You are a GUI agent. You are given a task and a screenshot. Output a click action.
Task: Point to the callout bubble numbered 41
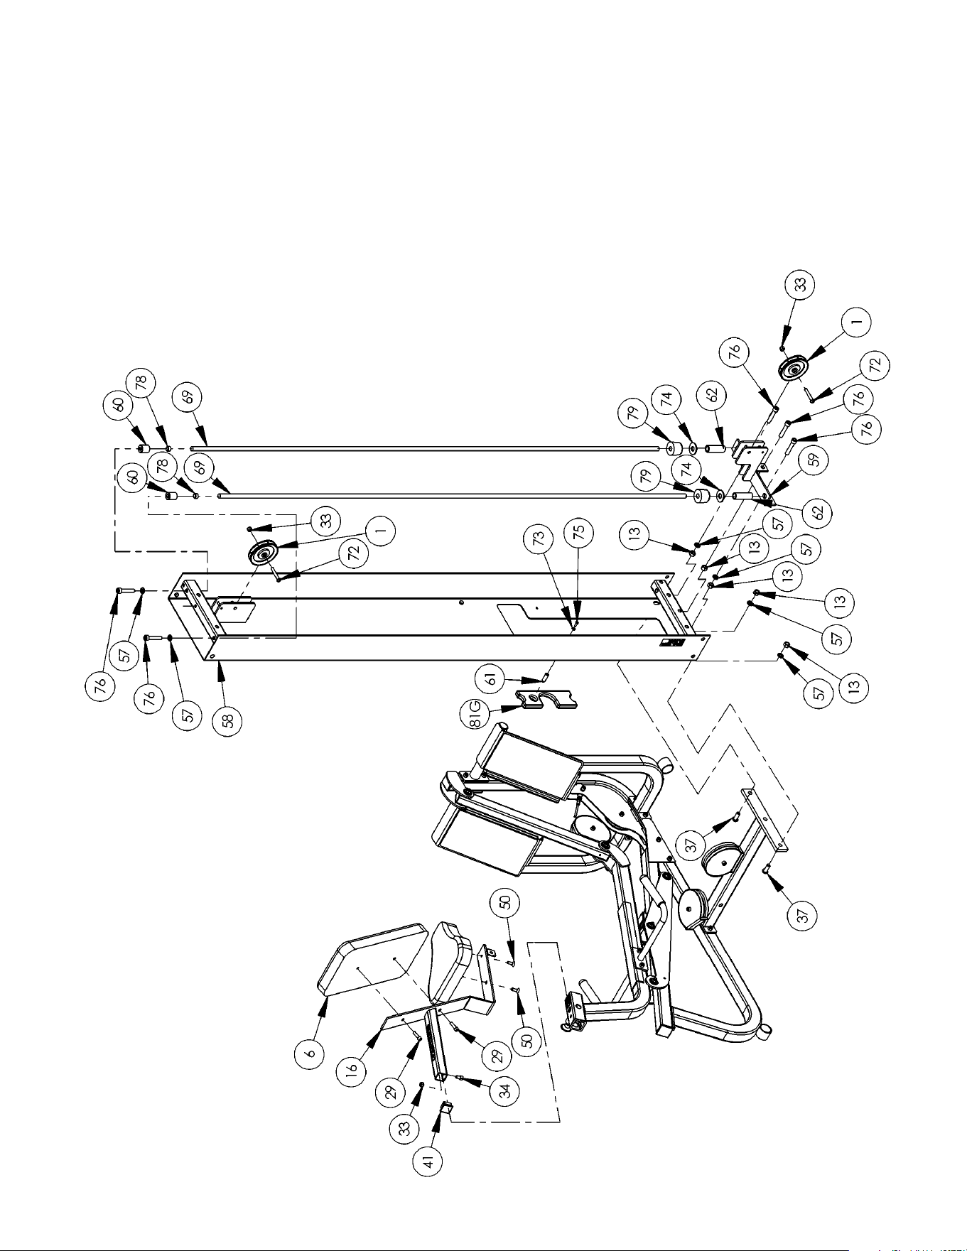click(430, 1161)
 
